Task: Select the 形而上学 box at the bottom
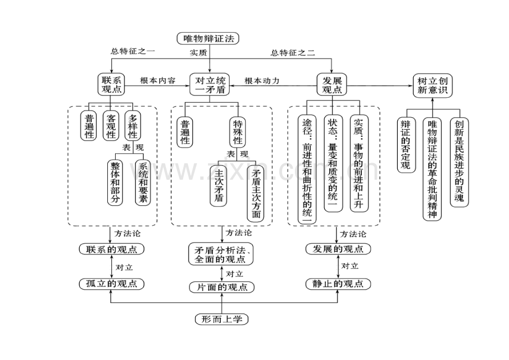222,319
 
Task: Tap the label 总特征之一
133,51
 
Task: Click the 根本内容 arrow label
158,81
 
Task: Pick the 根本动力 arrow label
262,81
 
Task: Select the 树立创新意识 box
432,85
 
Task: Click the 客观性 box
112,126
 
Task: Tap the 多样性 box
133,126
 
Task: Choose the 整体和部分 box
115,184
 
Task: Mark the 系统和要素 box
143,184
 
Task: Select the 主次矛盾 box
217,185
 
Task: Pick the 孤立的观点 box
111,284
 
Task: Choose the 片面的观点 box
222,287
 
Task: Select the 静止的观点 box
337,284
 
